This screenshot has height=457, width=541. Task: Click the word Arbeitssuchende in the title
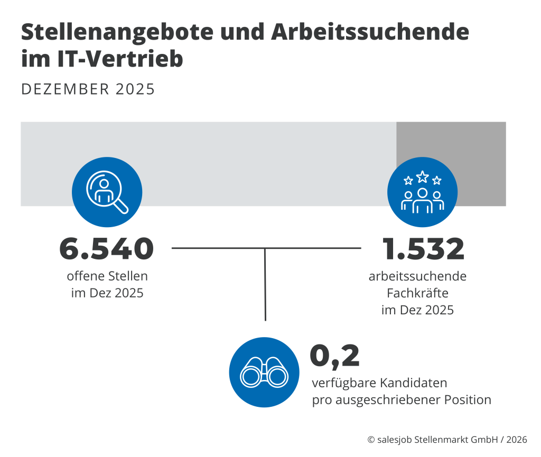370,33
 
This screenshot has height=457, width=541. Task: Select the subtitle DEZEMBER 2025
88,89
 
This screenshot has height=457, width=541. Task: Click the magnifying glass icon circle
107,192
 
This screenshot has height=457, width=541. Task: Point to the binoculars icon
264,372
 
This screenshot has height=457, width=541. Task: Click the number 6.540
107,249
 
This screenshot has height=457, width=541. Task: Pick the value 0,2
334,356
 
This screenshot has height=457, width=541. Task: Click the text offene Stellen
107,276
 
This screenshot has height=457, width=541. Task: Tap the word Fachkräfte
417,293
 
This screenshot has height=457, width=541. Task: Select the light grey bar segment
238,153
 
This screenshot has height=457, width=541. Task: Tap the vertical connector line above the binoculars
265,285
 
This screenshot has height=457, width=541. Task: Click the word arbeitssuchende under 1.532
417,276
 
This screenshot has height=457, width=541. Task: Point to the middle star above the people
422,176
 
